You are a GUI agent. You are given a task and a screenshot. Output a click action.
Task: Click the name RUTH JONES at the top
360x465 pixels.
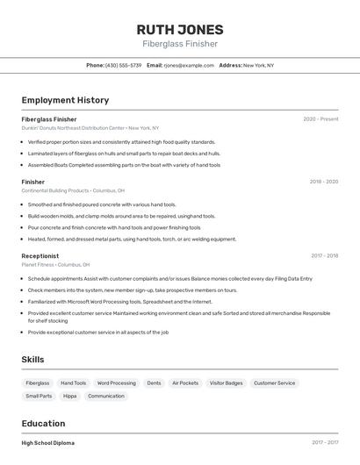click(x=179, y=30)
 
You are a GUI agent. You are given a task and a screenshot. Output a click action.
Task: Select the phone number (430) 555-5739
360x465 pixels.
click(x=123, y=65)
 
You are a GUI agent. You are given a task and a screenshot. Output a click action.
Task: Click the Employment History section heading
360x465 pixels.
click(x=65, y=100)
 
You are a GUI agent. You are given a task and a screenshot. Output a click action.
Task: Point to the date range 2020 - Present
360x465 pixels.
click(x=320, y=118)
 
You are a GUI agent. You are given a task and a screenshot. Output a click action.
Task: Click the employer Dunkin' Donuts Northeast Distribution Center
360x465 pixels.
click(x=90, y=128)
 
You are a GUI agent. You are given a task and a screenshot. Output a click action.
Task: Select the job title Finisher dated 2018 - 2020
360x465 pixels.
click(x=33, y=182)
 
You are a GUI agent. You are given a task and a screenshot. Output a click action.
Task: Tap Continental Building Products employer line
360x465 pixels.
click(x=73, y=190)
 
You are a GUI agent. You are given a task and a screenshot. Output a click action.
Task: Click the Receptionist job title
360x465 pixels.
click(x=40, y=255)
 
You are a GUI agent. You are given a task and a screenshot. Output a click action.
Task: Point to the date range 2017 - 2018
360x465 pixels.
click(x=324, y=255)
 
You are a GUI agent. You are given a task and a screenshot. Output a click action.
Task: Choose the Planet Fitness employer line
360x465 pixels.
click(x=55, y=264)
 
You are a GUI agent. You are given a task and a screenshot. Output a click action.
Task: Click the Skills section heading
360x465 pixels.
click(x=32, y=359)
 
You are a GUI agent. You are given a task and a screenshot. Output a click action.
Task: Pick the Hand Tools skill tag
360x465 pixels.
click(x=73, y=383)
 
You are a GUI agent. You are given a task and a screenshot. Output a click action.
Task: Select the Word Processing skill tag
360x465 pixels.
click(x=116, y=383)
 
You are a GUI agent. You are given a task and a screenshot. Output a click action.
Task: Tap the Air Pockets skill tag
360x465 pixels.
click(x=185, y=383)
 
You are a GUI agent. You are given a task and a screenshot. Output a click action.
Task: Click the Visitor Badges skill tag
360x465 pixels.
click(x=226, y=383)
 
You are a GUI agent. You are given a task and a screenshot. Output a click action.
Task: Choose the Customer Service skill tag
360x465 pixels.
click(x=274, y=383)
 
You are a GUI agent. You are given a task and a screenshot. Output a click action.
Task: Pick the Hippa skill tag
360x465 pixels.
click(x=70, y=396)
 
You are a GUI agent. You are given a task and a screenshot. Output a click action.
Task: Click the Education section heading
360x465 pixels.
click(x=43, y=422)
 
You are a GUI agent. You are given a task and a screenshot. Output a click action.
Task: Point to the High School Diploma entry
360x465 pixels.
click(x=48, y=443)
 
